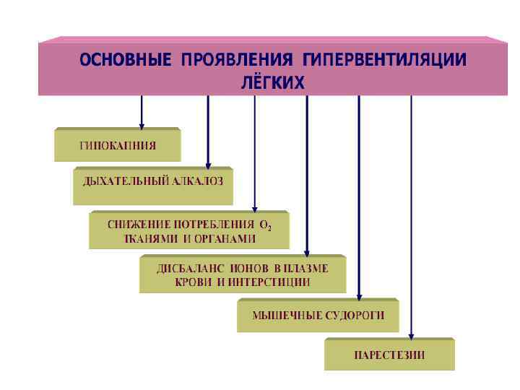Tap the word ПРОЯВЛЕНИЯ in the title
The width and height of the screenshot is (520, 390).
pyautogui.click(x=233, y=60)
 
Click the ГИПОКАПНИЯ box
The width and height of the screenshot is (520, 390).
pyautogui.click(x=117, y=145)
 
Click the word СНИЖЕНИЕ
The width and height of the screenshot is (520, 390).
pyautogui.click(x=136, y=225)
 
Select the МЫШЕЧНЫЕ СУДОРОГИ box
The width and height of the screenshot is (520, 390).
pyautogui.click(x=317, y=315)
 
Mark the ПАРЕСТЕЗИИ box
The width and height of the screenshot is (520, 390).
pyautogui.click(x=389, y=354)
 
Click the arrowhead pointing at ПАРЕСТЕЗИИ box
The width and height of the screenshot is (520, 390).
pyautogui.click(x=411, y=334)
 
